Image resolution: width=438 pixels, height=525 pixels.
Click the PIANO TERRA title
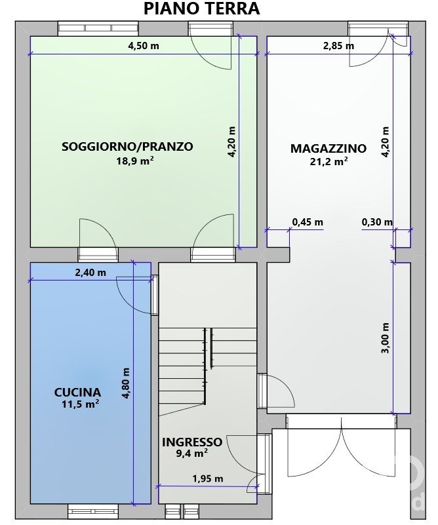point(201,9)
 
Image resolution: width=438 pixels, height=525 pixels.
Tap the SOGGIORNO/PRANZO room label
point(128,147)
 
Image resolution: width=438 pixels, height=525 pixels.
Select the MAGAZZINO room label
point(328,148)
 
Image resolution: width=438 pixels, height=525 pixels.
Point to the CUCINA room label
point(77,392)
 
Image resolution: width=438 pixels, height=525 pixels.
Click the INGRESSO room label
point(192,442)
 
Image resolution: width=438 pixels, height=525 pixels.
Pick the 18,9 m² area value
point(135,161)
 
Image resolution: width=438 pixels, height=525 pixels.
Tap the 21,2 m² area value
point(328,162)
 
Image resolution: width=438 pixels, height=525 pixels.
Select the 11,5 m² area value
point(80,404)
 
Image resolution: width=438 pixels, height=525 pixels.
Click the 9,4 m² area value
point(191,454)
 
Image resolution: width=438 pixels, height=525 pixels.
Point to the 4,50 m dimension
point(144,45)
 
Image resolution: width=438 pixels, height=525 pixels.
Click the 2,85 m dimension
point(338,45)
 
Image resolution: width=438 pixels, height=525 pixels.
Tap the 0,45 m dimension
point(308,222)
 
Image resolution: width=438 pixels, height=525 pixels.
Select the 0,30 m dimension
point(377,222)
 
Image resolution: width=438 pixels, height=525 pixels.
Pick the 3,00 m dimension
point(386,338)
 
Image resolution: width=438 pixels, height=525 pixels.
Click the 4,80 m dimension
point(126,383)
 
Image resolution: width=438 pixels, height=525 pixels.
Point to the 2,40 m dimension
point(90,273)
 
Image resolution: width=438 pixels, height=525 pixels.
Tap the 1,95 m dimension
point(208,479)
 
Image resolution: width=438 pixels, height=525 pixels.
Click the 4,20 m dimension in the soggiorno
point(231,142)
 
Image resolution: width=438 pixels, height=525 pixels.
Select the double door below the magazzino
point(342,445)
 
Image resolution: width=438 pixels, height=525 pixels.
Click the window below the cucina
point(93,511)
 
